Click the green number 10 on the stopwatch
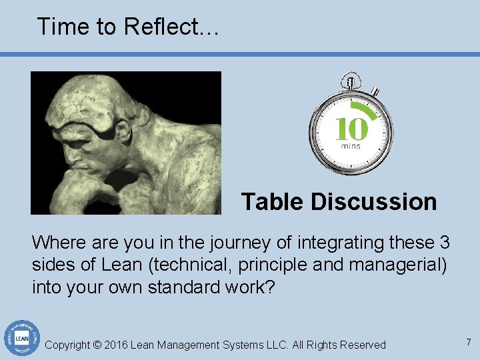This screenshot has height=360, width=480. (351, 129)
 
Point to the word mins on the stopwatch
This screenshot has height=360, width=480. (351, 146)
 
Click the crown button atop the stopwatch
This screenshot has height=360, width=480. (349, 82)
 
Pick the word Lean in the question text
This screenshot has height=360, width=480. (121, 265)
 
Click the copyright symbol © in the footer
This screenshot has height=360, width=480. (97, 345)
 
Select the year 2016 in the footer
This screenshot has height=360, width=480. (116, 345)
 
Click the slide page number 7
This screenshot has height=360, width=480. (469, 342)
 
